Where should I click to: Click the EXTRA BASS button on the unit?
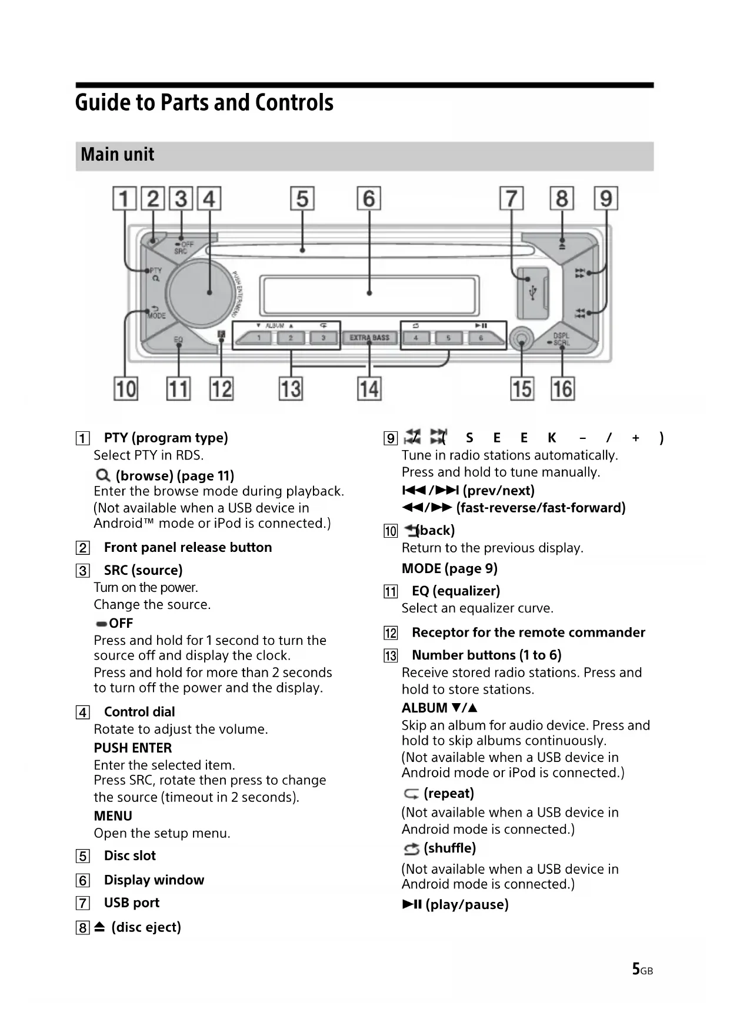point(369,338)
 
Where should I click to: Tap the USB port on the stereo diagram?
point(533,292)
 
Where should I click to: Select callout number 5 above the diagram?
point(302,199)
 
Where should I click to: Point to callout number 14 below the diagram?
point(369,389)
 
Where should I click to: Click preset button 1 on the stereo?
point(259,338)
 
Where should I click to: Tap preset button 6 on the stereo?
point(481,338)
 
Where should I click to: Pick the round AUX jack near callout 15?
point(522,339)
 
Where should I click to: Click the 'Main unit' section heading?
point(118,155)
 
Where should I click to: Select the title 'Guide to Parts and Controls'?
point(204,102)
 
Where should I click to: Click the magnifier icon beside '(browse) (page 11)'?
point(102,475)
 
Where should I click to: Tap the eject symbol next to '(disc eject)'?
point(99,927)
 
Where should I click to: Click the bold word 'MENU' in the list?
point(113,816)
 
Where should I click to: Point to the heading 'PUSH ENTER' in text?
point(133,748)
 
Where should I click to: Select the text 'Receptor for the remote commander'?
point(528,632)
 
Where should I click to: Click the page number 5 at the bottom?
point(636,969)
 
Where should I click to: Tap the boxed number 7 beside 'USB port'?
point(83,903)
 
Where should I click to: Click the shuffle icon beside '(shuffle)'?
point(411,849)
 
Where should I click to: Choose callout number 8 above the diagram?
point(562,199)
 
